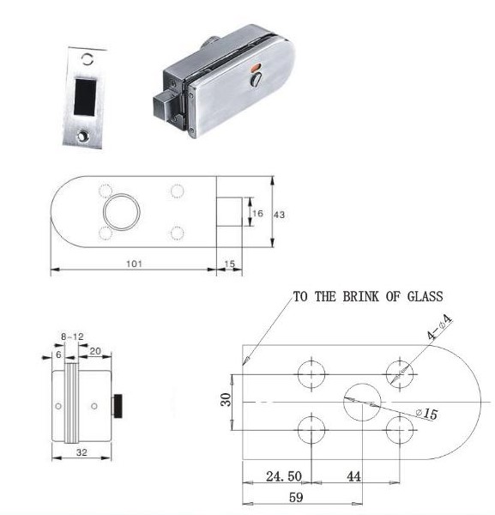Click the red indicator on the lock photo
[255, 69]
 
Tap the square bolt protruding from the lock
[165, 106]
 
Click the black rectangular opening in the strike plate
[85, 97]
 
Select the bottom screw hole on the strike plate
[82, 136]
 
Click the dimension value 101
[134, 264]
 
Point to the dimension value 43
[280, 215]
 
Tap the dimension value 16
[257, 214]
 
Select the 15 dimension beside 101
[230, 264]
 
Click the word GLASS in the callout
[426, 297]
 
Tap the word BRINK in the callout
[361, 297]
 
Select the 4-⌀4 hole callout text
[440, 327]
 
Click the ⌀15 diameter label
[426, 414]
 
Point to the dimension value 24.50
[284, 476]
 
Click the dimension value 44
[353, 476]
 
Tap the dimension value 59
[296, 497]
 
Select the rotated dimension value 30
[226, 400]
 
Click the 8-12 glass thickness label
[72, 336]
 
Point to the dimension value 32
[81, 452]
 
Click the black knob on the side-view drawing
[118, 406]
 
